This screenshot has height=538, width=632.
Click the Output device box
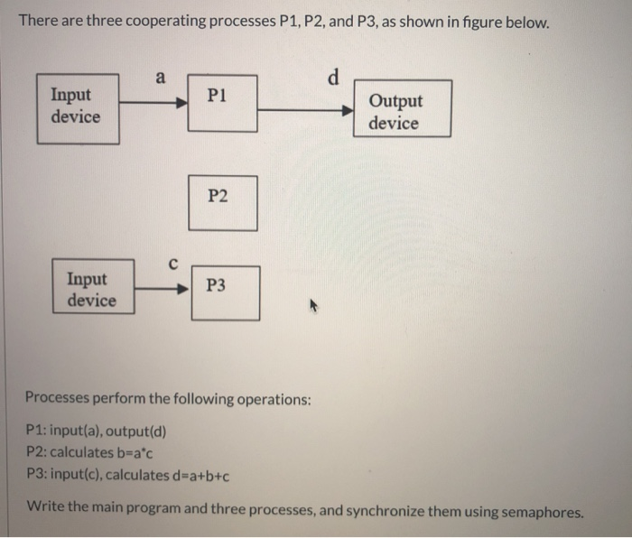pos(402,109)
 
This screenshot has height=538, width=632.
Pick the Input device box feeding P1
pos(79,109)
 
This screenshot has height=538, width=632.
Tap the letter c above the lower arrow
pos(172,263)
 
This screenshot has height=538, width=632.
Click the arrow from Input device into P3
pos(163,290)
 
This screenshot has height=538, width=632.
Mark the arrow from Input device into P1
pos(153,103)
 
